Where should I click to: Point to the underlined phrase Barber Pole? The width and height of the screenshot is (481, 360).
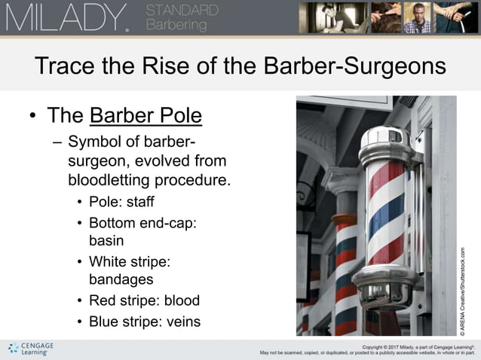click(146, 116)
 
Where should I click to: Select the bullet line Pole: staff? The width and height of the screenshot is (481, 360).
click(121, 202)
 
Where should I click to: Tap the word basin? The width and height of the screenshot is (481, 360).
click(106, 241)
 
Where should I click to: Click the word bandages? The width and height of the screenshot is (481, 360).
click(121, 279)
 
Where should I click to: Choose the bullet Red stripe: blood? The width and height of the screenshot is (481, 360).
click(143, 301)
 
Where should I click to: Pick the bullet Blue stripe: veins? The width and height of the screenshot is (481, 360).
click(145, 322)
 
